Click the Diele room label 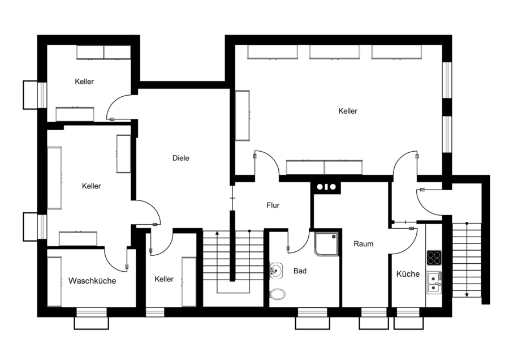click(x=181, y=158)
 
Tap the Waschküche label click(x=92, y=281)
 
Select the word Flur click(x=273, y=205)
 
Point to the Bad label click(x=300, y=271)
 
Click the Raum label click(x=363, y=244)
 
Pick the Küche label click(x=408, y=274)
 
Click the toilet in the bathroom click(x=277, y=294)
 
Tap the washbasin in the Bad click(x=276, y=271)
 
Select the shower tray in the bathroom click(x=326, y=244)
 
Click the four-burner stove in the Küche click(x=434, y=258)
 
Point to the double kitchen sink click(x=434, y=282)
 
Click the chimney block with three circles click(x=326, y=187)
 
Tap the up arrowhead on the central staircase click(x=217, y=233)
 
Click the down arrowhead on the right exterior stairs click(x=467, y=295)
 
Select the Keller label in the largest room click(x=348, y=111)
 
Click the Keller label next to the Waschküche click(x=164, y=279)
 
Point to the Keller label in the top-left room click(x=84, y=82)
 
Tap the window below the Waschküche click(x=92, y=312)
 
